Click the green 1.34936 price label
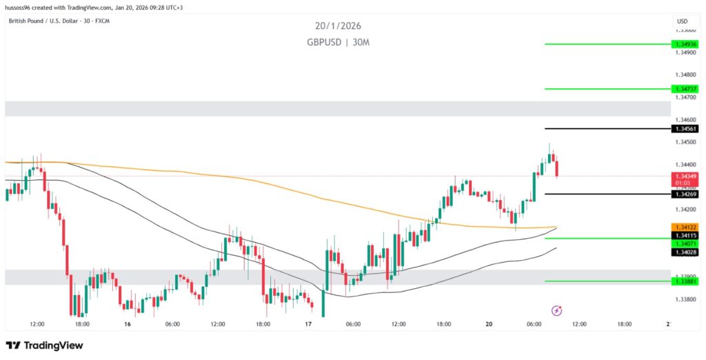686,44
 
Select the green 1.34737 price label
686,88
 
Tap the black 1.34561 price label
686,128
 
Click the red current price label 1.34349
686,177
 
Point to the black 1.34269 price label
686,194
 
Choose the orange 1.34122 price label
686,227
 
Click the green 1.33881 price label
686,281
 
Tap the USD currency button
683,21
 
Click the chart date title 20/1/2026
338,26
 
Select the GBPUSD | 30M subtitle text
338,42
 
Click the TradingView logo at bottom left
44,345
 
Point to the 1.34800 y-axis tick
686,74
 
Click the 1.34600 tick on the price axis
686,119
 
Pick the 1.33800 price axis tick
686,300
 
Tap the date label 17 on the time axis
308,324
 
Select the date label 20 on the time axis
490,324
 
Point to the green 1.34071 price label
686,244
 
